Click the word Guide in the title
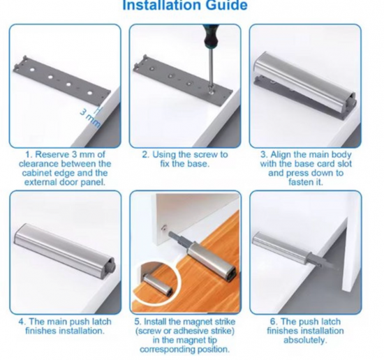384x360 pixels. pyautogui.click(x=226, y=6)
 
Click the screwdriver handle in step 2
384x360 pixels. pyautogui.click(x=209, y=36)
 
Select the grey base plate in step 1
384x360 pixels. pyautogui.click(x=61, y=80)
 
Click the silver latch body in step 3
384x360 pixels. pyautogui.click(x=304, y=82)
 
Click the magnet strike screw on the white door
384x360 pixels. pyautogui.click(x=163, y=228)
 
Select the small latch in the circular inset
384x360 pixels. pyautogui.click(x=157, y=285)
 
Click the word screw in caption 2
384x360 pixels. pyautogui.click(x=205, y=155)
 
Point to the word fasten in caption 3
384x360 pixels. pyautogui.click(x=300, y=182)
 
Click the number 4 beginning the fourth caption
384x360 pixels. pyautogui.click(x=22, y=322)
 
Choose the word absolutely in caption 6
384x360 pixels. pyautogui.click(x=305, y=340)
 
